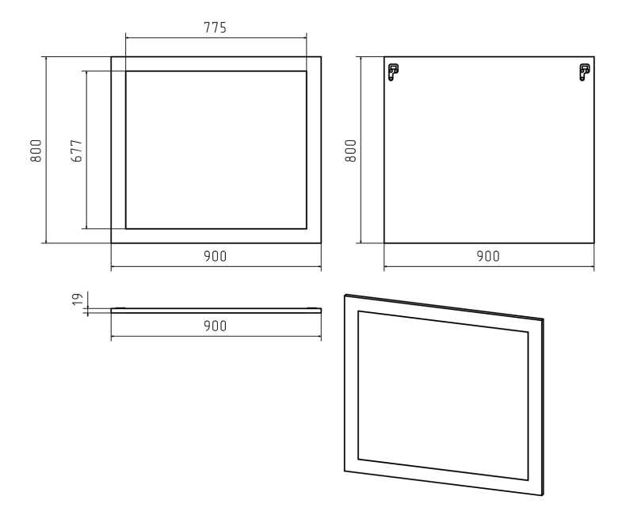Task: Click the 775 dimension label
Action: coord(216,28)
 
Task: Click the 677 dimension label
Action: coord(76,151)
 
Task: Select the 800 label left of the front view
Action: coord(36,151)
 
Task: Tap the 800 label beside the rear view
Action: coord(350,151)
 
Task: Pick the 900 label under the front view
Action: coord(216,256)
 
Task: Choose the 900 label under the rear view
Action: coord(488,256)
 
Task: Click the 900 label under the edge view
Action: coord(216,326)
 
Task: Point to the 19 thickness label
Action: coord(78,299)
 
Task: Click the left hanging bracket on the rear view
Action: coord(393,72)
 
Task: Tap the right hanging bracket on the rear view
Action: coord(585,72)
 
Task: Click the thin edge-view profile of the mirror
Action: coord(216,310)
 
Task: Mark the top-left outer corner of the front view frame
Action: coord(112,57)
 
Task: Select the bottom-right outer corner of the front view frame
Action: coord(321,242)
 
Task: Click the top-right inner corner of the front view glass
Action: coord(306,71)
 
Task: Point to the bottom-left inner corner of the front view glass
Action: coord(126,229)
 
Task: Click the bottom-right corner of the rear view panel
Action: coord(594,242)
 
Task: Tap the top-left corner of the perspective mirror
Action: coord(345,296)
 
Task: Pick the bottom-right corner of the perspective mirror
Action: coord(543,495)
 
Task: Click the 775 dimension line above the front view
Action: coord(216,38)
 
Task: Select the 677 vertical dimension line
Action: coord(86,150)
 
